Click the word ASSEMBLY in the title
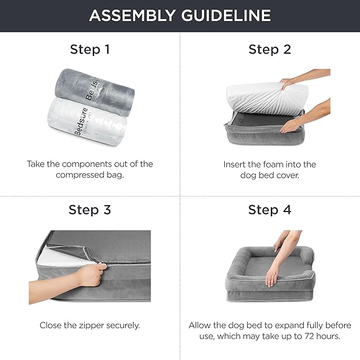click(133, 16)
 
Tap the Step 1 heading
click(90, 50)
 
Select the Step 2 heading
click(270, 50)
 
